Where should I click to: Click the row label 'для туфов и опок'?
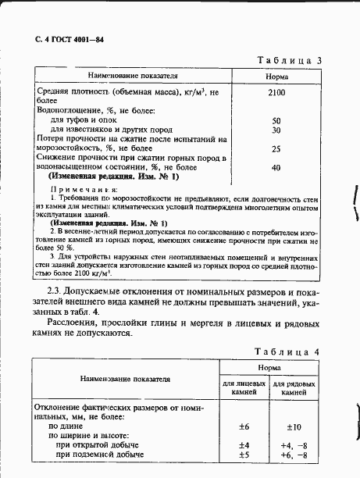pos(84,121)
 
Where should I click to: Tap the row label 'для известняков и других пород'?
pos(110,130)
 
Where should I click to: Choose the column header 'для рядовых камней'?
pos(296,389)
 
